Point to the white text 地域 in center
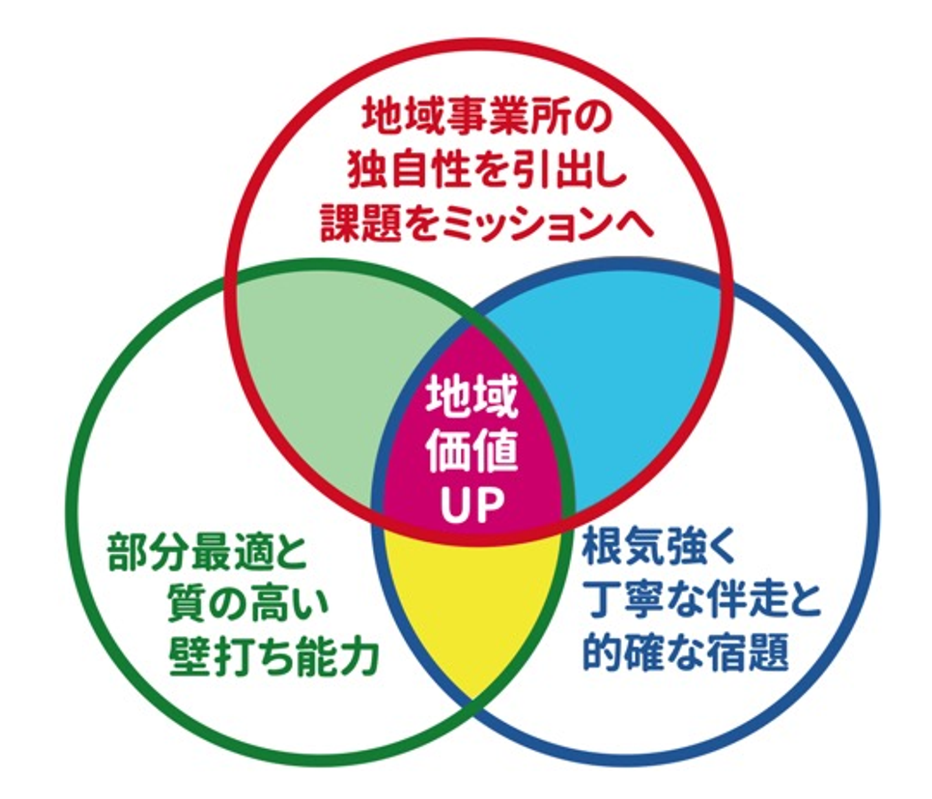[x=471, y=399]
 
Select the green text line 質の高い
[x=248, y=605]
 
